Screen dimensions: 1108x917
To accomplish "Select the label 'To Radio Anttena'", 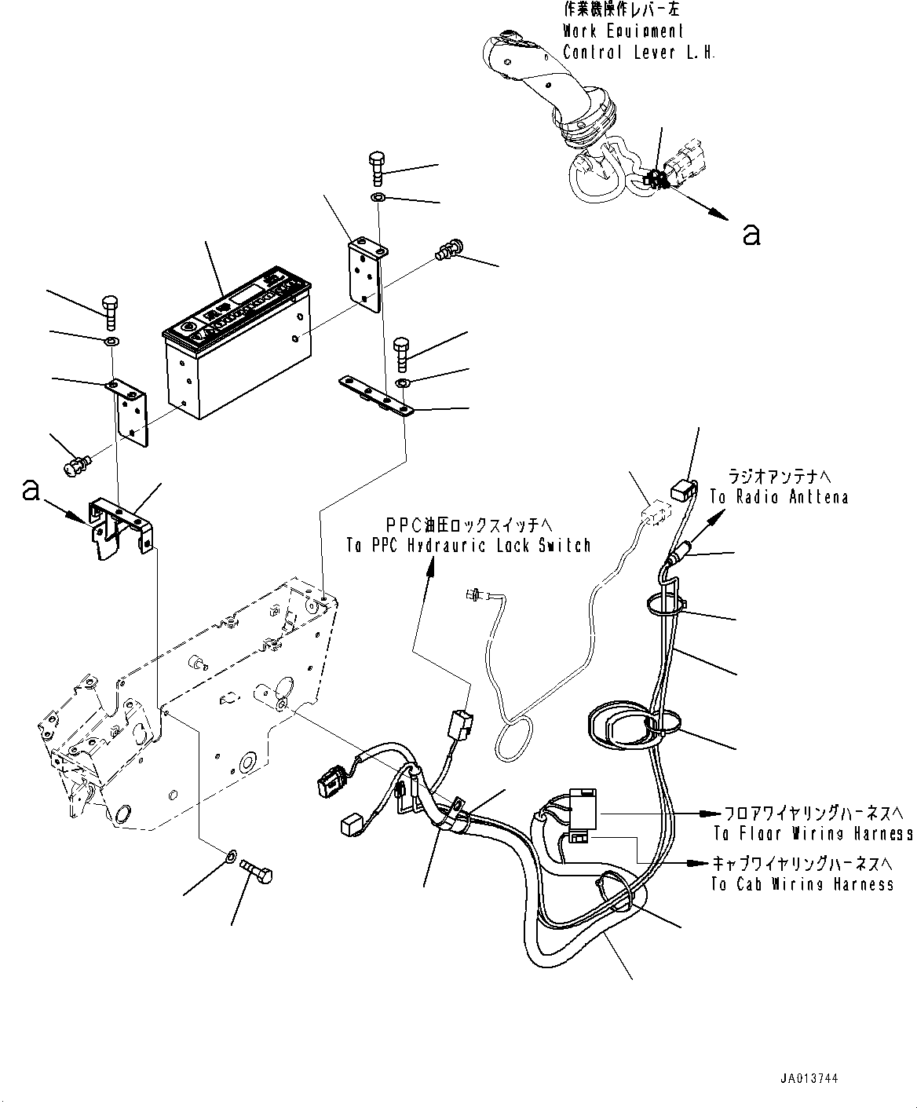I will [779, 498].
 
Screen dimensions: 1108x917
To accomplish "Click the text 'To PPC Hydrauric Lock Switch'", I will [469, 546].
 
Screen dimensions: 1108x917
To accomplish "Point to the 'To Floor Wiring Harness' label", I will [813, 833].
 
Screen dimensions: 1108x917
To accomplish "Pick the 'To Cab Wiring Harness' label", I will [802, 884].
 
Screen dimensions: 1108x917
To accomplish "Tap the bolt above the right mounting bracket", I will [377, 166].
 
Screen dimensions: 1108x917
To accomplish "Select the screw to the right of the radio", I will [447, 250].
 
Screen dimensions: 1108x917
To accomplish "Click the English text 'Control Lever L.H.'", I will [638, 53].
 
